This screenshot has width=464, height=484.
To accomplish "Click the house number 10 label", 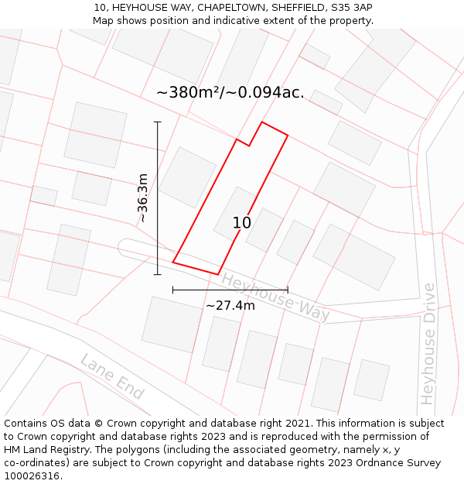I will (x=242, y=223).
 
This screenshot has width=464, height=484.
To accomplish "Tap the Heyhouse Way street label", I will (x=276, y=297).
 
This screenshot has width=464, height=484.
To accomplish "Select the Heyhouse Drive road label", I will (x=428, y=344).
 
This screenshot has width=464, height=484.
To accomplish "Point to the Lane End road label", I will (x=112, y=376).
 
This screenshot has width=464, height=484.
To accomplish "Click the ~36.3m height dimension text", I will (x=143, y=198).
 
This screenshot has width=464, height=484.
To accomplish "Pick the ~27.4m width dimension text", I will (x=230, y=305).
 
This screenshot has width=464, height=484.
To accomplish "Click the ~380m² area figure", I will (x=189, y=92).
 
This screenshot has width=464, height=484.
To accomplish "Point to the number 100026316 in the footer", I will (x=33, y=476).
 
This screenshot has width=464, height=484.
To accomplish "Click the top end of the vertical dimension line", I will (x=158, y=122).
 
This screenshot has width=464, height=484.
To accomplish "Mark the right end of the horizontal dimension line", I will (x=288, y=290).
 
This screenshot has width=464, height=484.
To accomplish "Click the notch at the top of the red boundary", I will (x=249, y=145).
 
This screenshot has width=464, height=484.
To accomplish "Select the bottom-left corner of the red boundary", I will (x=172, y=263).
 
